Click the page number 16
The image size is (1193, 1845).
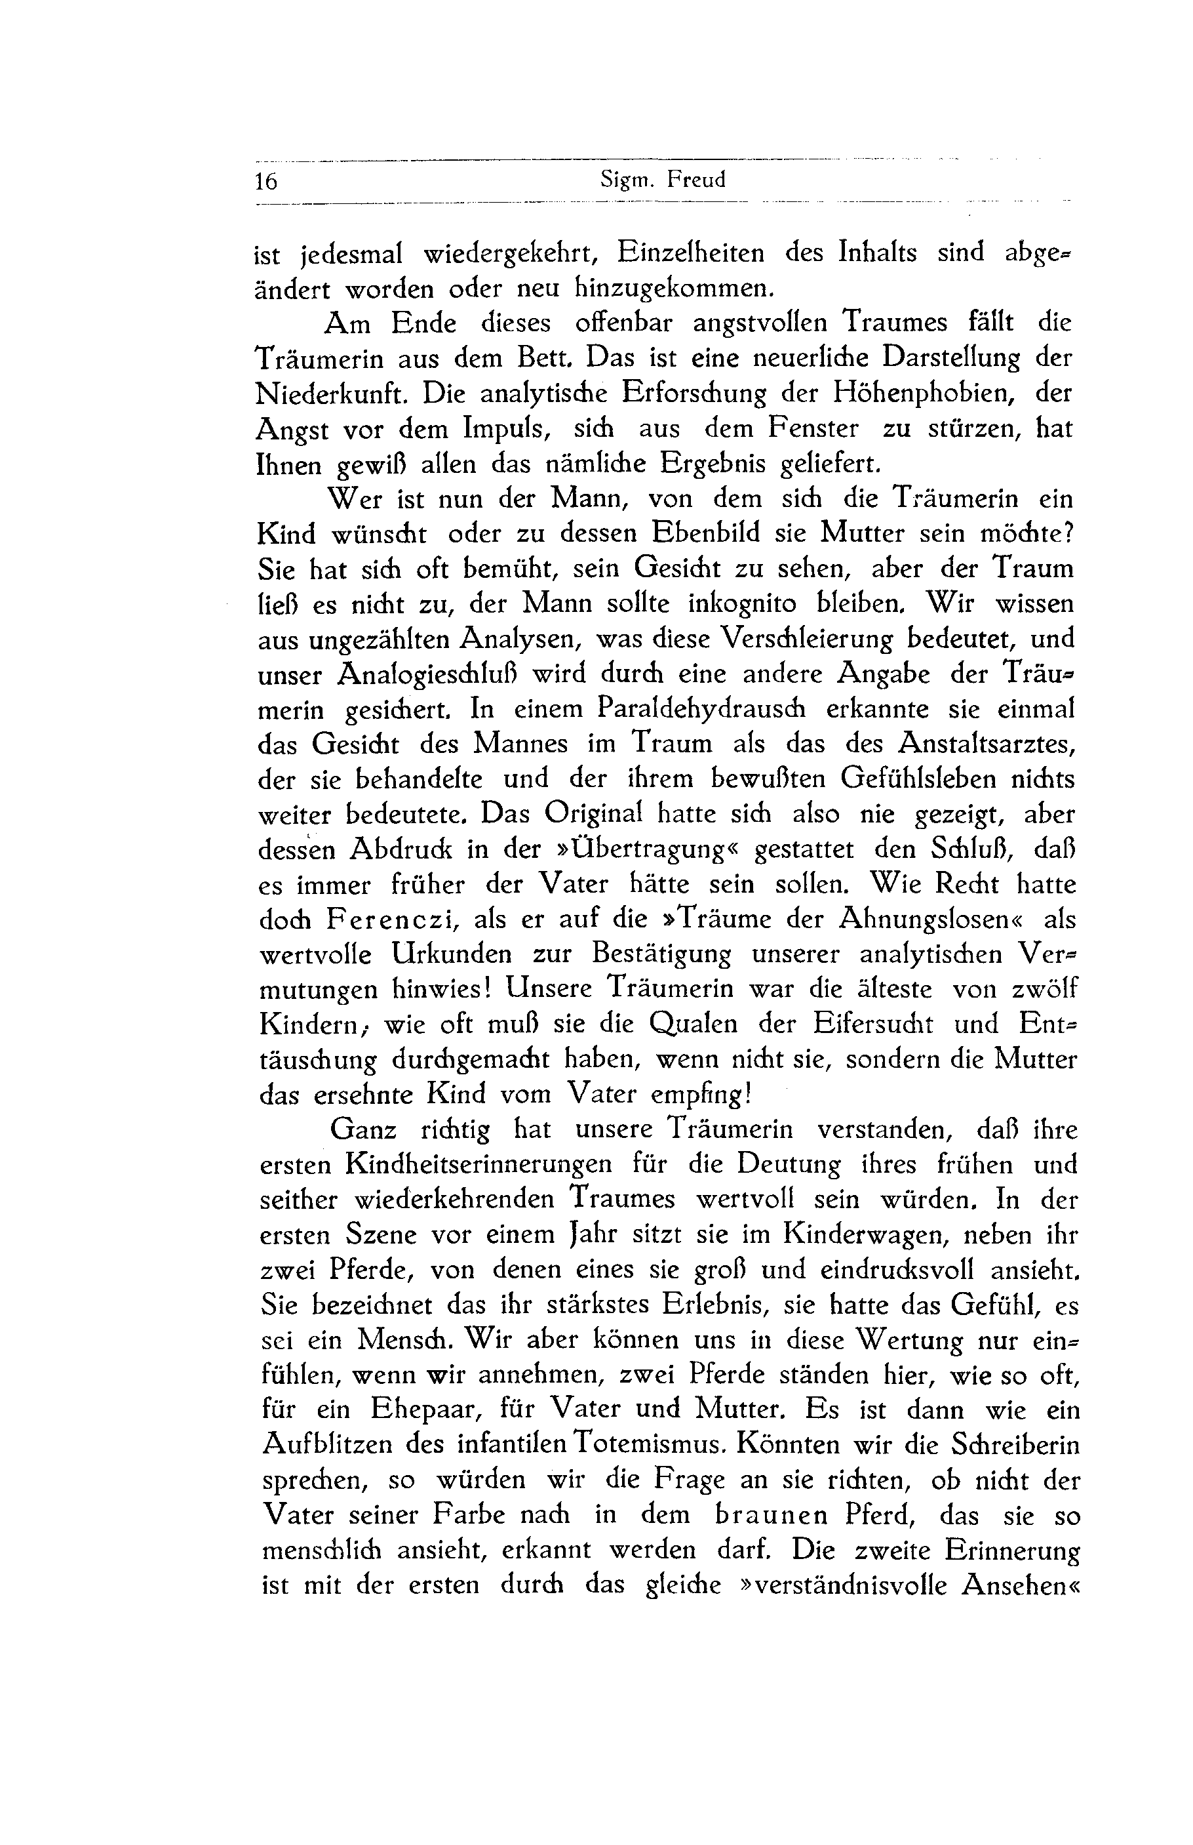(x=265, y=181)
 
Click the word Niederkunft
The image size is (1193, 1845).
(x=332, y=394)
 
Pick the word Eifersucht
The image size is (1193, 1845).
(x=873, y=1024)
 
